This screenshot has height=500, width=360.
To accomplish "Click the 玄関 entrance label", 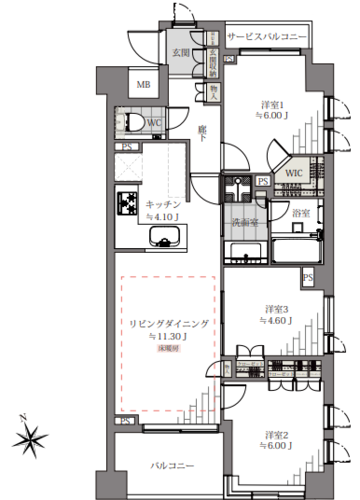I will coord(181,51).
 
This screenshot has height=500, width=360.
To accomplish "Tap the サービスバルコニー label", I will coord(267,37).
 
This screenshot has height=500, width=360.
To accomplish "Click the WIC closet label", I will coord(293,173).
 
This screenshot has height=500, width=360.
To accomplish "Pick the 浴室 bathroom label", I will coord(299,212).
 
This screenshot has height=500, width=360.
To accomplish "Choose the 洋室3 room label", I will coord(277,307).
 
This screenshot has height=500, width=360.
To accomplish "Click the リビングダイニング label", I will coord(167,324).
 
